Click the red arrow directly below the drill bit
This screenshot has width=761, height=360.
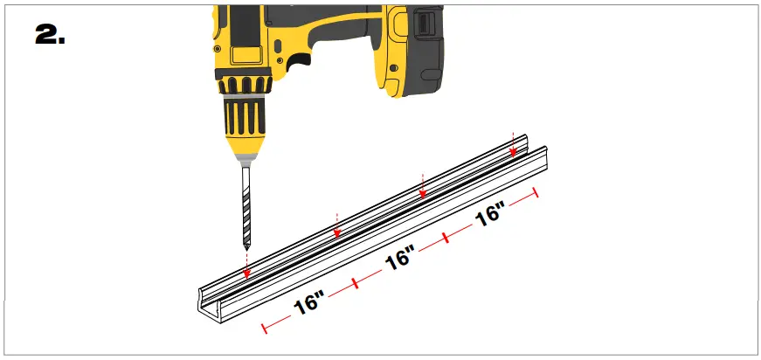coord(246,273)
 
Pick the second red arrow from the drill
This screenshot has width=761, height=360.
coord(337,232)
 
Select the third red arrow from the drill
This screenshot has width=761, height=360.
coord(423,192)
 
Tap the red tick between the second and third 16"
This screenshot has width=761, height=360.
coord(446,238)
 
